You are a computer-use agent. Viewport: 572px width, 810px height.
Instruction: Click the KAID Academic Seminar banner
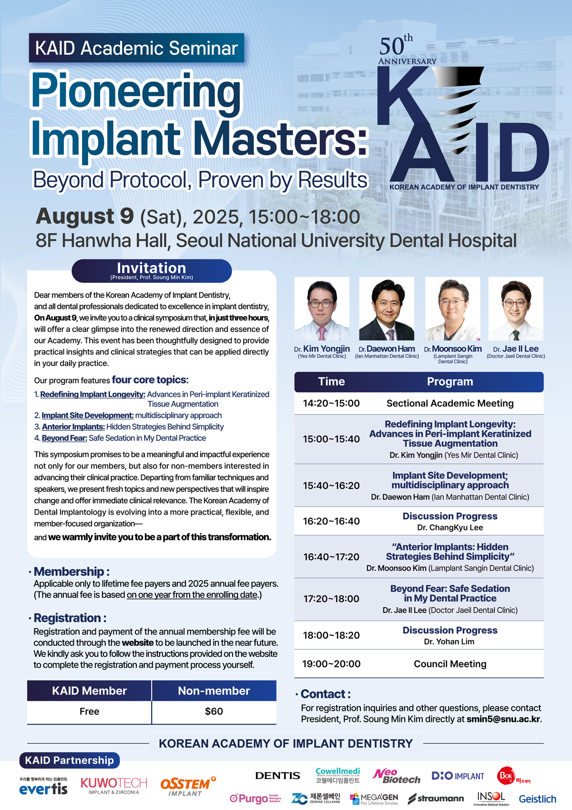pyautogui.click(x=137, y=48)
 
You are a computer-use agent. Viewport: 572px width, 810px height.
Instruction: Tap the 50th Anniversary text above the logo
pyautogui.click(x=407, y=50)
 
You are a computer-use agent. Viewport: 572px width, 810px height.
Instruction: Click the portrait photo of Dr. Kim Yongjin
pyautogui.click(x=322, y=309)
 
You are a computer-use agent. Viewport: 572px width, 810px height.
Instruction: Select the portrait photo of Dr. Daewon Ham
pyautogui.click(x=387, y=309)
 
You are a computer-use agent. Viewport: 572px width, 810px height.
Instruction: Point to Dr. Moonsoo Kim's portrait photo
pyautogui.click(x=453, y=309)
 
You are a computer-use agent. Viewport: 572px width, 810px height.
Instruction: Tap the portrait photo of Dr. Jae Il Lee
pyautogui.click(x=516, y=309)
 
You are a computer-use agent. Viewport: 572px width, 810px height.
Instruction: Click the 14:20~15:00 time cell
pyautogui.click(x=331, y=403)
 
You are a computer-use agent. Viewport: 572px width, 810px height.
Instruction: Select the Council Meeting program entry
pyautogui.click(x=450, y=664)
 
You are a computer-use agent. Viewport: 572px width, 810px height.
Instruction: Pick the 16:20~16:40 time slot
pyautogui.click(x=331, y=521)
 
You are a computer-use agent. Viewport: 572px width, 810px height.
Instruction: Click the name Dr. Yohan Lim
pyautogui.click(x=449, y=642)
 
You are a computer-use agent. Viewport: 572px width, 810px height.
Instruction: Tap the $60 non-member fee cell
pyautogui.click(x=214, y=711)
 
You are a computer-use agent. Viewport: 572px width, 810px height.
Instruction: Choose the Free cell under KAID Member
pyautogui.click(x=89, y=711)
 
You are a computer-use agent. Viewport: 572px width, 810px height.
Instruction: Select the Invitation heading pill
pyautogui.click(x=152, y=271)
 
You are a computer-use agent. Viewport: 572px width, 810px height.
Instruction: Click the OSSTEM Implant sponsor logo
pyautogui.click(x=188, y=786)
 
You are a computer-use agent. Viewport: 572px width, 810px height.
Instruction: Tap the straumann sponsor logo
pyautogui.click(x=436, y=799)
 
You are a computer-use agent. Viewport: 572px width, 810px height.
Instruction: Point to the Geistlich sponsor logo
pyautogui.click(x=537, y=799)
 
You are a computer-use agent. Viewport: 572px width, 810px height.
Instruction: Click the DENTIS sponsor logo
pyautogui.click(x=277, y=775)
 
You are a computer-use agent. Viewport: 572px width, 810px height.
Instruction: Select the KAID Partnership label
pyautogui.click(x=70, y=760)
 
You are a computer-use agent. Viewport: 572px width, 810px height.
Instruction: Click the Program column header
pyautogui.click(x=450, y=382)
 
